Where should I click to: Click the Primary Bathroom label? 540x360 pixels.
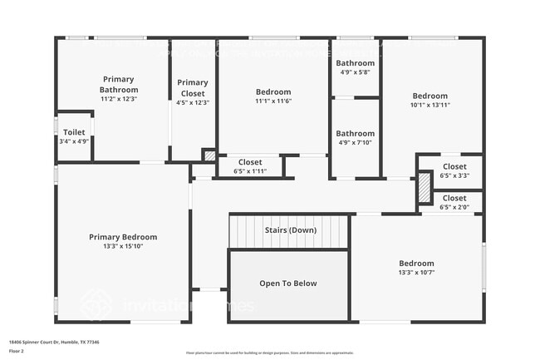pyautogui.click(x=119, y=84)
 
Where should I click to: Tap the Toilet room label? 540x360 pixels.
pyautogui.click(x=74, y=132)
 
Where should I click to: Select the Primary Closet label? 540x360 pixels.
pyautogui.click(x=193, y=86)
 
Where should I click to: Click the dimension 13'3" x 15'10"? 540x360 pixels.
pyautogui.click(x=123, y=246)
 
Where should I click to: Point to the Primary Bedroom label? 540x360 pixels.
pyautogui.click(x=123, y=237)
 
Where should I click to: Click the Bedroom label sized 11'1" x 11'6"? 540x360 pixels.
pyautogui.click(x=273, y=91)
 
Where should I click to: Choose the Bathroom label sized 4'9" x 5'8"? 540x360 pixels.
pyautogui.click(x=355, y=63)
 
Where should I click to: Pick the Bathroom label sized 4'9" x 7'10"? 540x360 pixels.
pyautogui.click(x=355, y=133)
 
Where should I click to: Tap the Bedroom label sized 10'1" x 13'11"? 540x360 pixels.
pyautogui.click(x=430, y=96)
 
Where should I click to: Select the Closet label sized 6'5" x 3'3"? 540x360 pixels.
pyautogui.click(x=454, y=166)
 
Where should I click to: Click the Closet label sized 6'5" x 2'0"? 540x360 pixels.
pyautogui.click(x=454, y=198)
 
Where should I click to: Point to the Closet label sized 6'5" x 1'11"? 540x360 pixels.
pyautogui.click(x=250, y=162)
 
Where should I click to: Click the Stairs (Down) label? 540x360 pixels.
pyautogui.click(x=290, y=229)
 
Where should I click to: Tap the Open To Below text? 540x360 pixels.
pyautogui.click(x=288, y=284)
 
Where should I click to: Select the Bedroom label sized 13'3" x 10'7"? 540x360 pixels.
pyautogui.click(x=416, y=263)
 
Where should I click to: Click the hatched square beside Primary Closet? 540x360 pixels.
pyautogui.click(x=209, y=155)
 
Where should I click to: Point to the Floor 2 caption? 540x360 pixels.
pyautogui.click(x=17, y=351)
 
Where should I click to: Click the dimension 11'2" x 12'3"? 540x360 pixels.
pyautogui.click(x=119, y=98)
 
